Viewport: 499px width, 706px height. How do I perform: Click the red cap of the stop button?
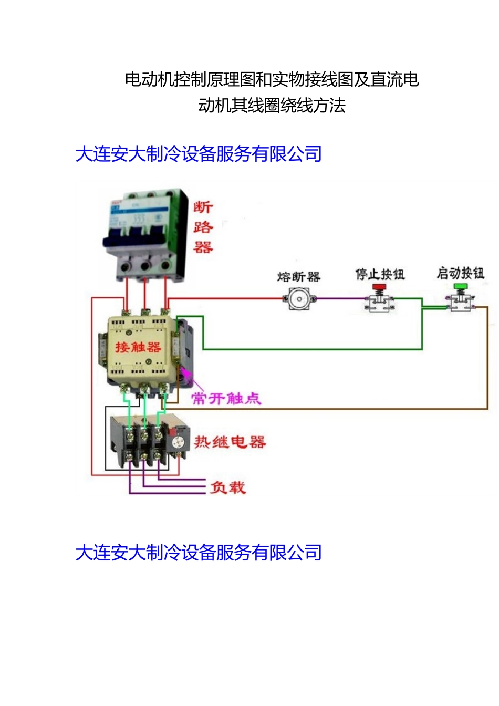click(379, 287)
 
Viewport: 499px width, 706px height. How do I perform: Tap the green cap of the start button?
click(461, 286)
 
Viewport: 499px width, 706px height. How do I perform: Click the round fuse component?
click(299, 299)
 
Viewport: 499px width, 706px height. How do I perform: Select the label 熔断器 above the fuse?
click(298, 277)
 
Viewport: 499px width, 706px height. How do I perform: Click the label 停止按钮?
click(380, 274)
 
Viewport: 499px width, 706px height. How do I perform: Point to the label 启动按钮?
click(460, 273)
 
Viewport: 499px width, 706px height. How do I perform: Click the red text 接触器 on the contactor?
click(138, 347)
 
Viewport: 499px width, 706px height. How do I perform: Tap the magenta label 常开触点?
click(226, 398)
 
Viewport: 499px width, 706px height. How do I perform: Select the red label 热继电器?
click(230, 442)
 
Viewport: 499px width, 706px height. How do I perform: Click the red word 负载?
click(227, 487)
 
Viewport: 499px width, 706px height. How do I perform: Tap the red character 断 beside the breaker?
click(203, 207)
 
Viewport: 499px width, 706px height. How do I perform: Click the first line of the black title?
click(272, 79)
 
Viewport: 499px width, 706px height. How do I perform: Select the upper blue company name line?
click(199, 154)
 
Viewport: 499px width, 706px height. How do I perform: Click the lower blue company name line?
click(199, 553)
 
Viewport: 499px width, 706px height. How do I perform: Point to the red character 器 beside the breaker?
click(203, 247)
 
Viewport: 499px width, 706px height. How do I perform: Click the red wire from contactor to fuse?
click(226, 299)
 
